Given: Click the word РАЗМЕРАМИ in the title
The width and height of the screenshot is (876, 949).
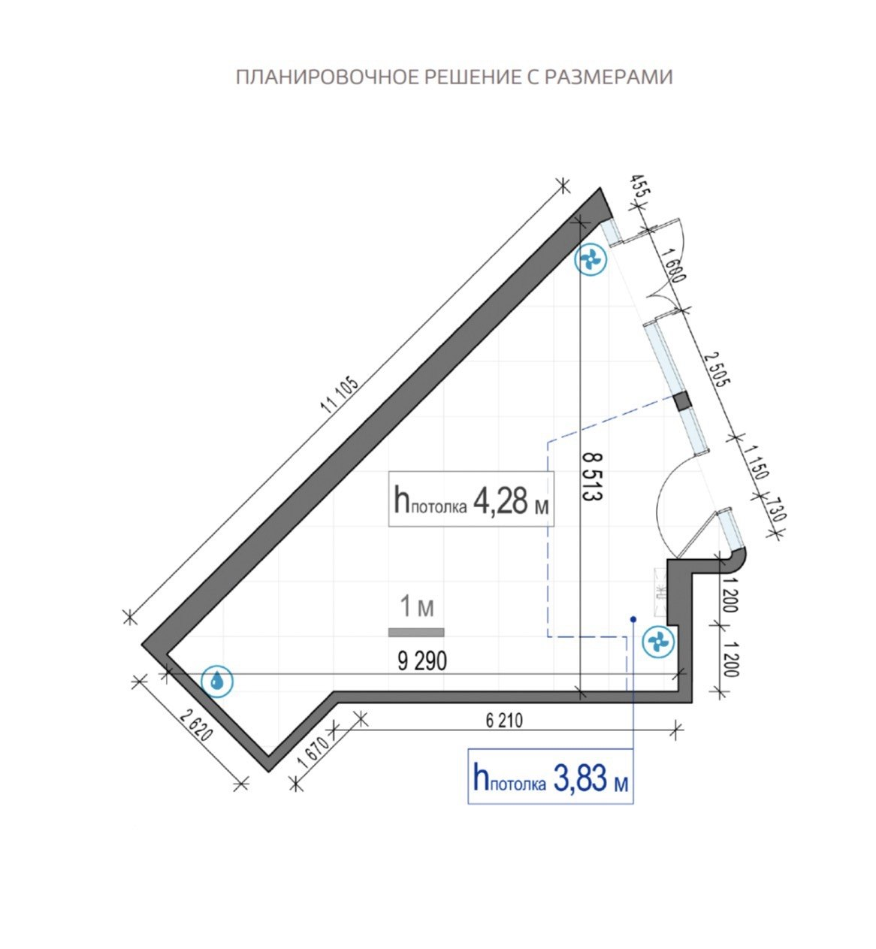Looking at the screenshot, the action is click(608, 77).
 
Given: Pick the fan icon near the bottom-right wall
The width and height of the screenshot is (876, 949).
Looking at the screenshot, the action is click(658, 642).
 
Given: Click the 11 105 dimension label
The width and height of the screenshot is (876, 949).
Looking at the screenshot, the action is click(340, 396).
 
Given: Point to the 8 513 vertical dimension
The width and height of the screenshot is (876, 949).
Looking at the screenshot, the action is click(592, 476).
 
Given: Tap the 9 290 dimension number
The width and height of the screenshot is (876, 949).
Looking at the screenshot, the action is click(422, 661).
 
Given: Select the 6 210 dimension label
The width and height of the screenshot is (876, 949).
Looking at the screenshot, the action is click(504, 720).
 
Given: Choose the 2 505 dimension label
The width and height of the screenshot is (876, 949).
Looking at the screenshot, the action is click(717, 369).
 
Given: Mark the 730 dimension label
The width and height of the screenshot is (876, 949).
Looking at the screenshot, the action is click(775, 510).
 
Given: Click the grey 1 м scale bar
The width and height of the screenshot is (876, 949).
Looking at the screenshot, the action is click(415, 632).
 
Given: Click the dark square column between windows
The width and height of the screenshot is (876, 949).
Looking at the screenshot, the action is click(682, 401).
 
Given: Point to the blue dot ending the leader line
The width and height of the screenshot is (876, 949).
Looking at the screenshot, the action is click(633, 619).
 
